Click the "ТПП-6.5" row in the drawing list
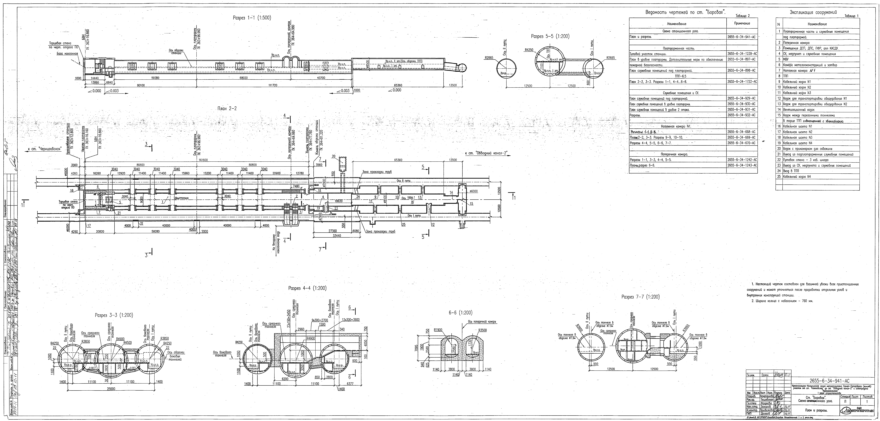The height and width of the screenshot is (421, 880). tap(678, 76)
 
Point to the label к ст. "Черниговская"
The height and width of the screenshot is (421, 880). tap(44, 149)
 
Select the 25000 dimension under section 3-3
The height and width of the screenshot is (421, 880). tap(111, 389)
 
